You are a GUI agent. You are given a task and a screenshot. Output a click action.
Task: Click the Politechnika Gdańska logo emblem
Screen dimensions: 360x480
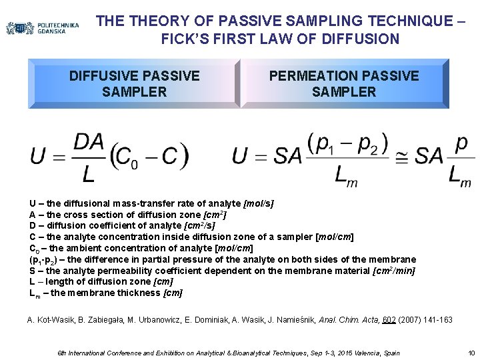[19, 28]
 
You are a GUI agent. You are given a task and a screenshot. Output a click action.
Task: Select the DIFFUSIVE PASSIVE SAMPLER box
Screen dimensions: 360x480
[134, 83]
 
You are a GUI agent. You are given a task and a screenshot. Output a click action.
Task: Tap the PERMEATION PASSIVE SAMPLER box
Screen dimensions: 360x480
[344, 83]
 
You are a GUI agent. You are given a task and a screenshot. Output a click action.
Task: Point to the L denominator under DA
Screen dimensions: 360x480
[88, 175]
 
